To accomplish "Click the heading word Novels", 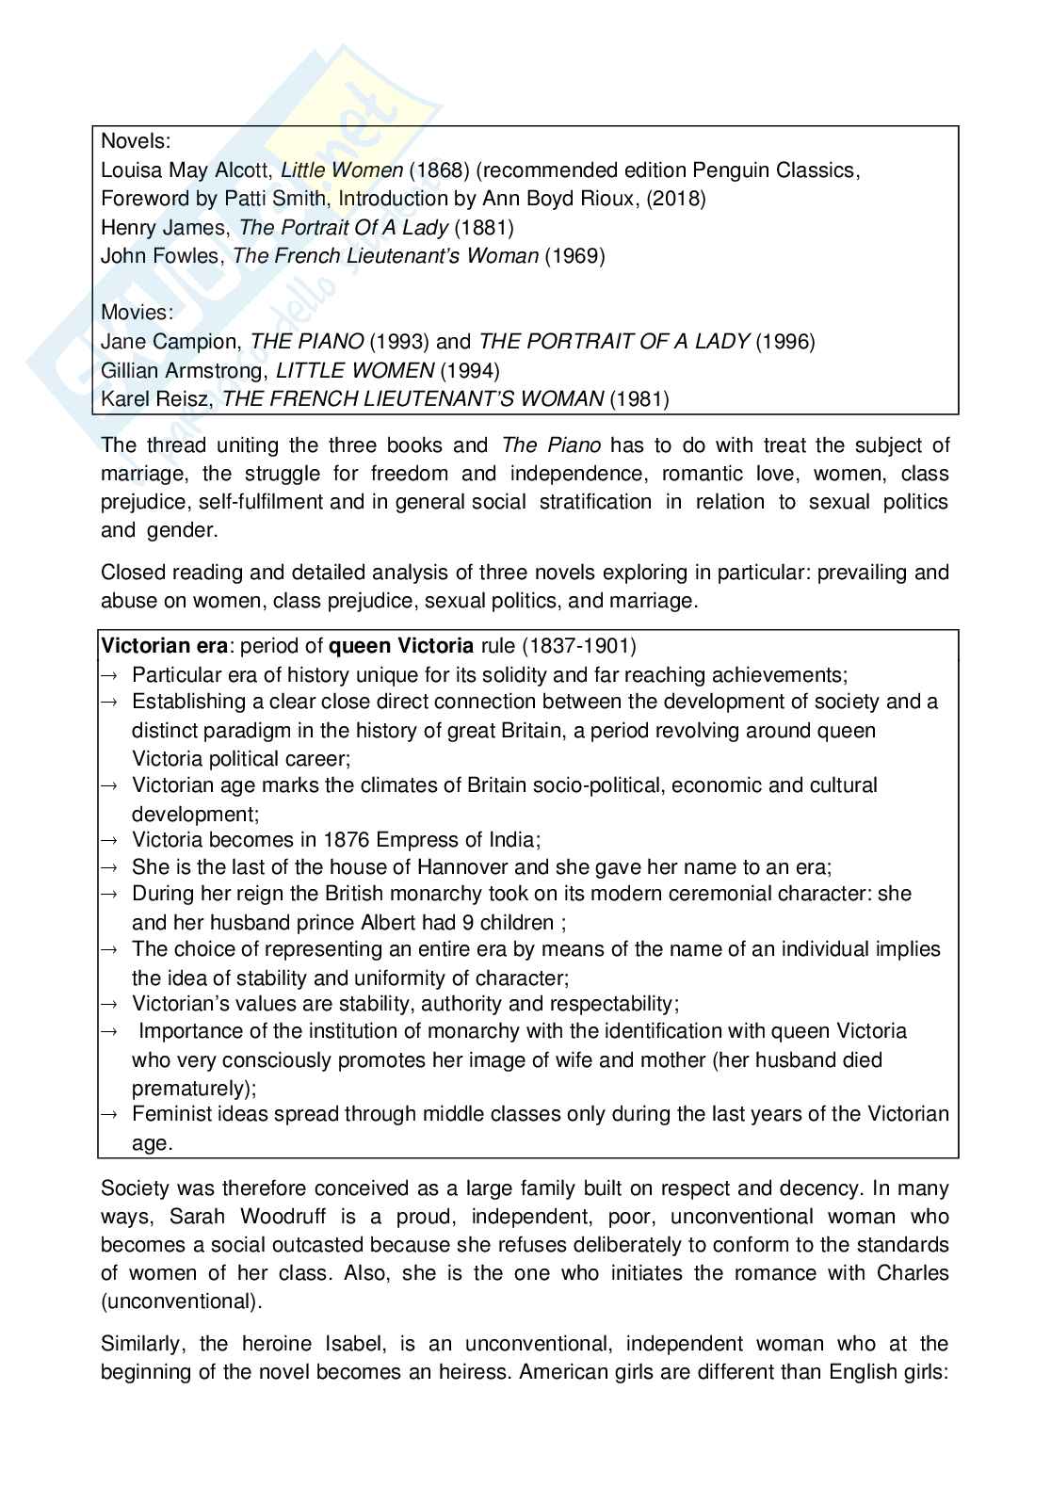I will point(135,142).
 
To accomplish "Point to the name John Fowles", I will point(160,255).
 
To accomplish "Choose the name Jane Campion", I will point(171,341).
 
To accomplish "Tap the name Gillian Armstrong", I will point(183,370).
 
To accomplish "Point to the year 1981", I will point(639,398).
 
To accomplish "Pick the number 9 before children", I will point(486,922).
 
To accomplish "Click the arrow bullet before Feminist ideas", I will point(108,1115).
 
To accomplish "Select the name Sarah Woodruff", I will point(240,1217).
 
